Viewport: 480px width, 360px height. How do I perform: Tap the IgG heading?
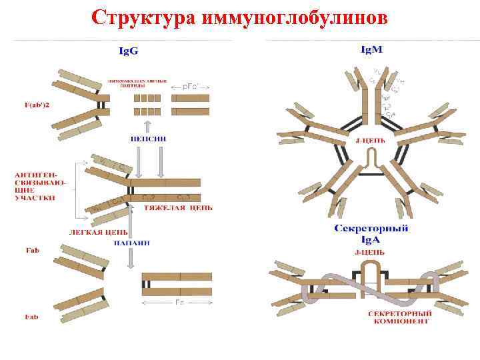click(x=129, y=51)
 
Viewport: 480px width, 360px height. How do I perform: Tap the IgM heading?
click(x=371, y=49)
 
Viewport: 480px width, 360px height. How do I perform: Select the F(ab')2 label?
click(x=26, y=104)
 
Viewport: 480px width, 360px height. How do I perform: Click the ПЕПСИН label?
click(x=148, y=139)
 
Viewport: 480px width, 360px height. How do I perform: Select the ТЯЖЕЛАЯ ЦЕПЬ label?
click(x=179, y=207)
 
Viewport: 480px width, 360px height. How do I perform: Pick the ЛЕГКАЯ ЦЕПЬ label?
click(x=99, y=232)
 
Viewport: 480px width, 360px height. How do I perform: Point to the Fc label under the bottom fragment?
click(x=179, y=302)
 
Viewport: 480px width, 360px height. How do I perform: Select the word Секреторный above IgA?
click(x=371, y=229)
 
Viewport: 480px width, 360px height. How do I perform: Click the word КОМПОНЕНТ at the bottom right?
click(x=401, y=321)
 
